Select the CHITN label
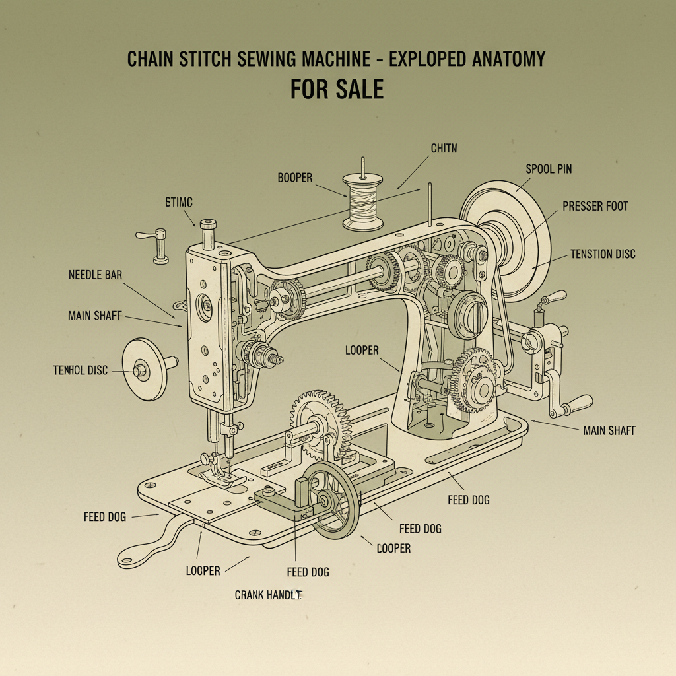click(443, 149)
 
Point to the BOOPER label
click(295, 178)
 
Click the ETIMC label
click(178, 202)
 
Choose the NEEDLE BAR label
click(95, 275)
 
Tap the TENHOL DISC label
click(80, 370)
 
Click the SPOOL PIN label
click(549, 169)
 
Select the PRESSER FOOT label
click(595, 207)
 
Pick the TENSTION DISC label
click(603, 254)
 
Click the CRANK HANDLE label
click(268, 595)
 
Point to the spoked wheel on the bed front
click(334, 499)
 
